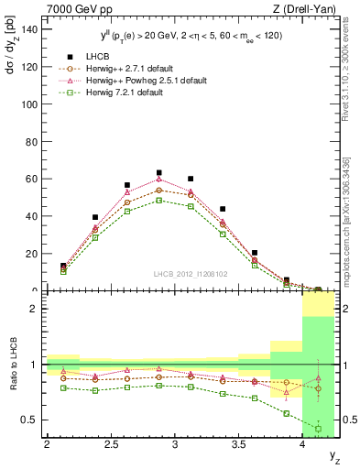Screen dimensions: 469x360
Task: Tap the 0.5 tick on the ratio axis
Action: (x=29, y=420)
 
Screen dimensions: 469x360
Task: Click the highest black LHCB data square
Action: (x=158, y=172)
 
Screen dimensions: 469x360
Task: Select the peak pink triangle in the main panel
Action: (x=158, y=179)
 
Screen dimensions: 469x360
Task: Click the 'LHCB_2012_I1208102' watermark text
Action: (x=190, y=274)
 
